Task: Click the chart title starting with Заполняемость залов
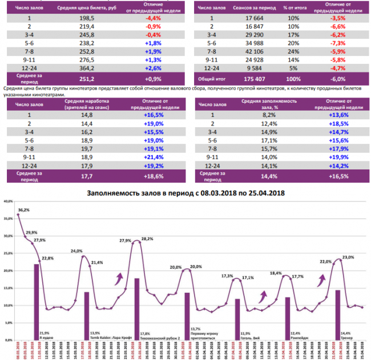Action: pyautogui.click(x=185, y=193)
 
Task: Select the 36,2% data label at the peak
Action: pyautogui.click(x=23, y=210)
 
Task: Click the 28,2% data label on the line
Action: pyautogui.click(x=147, y=238)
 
